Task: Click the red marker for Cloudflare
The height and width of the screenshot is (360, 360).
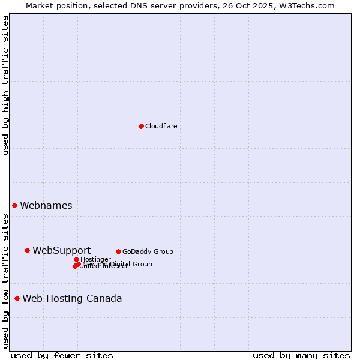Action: (x=141, y=126)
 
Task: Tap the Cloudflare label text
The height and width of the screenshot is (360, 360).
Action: (x=161, y=126)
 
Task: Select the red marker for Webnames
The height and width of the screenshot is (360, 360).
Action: (x=14, y=205)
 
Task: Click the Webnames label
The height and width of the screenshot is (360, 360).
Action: (x=46, y=205)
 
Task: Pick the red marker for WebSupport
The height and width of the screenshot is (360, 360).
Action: (x=27, y=250)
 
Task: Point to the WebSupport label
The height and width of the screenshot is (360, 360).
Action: (x=62, y=250)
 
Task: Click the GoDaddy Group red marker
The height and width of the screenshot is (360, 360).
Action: (x=118, y=251)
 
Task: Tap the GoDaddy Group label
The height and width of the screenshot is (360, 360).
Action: (x=148, y=251)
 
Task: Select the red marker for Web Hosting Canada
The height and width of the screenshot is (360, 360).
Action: (x=17, y=298)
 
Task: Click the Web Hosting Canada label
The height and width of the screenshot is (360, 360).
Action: (x=72, y=298)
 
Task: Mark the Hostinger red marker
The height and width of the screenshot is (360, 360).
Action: (x=76, y=259)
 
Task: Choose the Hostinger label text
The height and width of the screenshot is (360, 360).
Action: (x=95, y=259)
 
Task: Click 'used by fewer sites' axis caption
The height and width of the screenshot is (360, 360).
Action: (x=61, y=355)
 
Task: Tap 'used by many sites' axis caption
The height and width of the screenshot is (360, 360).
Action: (x=301, y=355)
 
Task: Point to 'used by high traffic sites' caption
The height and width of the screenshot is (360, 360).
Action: (x=5, y=85)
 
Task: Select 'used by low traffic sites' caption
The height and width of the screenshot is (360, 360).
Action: (x=5, y=281)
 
